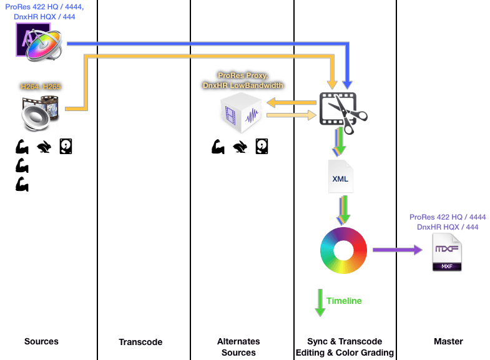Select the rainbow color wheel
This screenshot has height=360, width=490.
click(344, 250)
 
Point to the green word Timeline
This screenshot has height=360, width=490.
click(344, 301)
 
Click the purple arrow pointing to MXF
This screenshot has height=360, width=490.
click(397, 250)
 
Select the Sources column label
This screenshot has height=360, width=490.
click(41, 341)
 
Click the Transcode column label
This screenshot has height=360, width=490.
click(140, 342)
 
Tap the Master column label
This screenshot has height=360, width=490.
click(448, 341)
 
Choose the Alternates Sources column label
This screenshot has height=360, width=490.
click(238, 347)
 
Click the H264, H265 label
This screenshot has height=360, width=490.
click(41, 87)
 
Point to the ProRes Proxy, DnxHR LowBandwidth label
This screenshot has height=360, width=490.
click(242, 80)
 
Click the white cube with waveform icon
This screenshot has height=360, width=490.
click(240, 114)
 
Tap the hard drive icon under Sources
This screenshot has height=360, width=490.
click(66, 147)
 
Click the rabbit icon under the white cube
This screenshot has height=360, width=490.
click(240, 147)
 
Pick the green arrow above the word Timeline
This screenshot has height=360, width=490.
click(320, 302)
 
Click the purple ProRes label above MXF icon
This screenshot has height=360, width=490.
click(448, 221)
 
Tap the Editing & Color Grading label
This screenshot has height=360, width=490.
click(345, 353)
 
